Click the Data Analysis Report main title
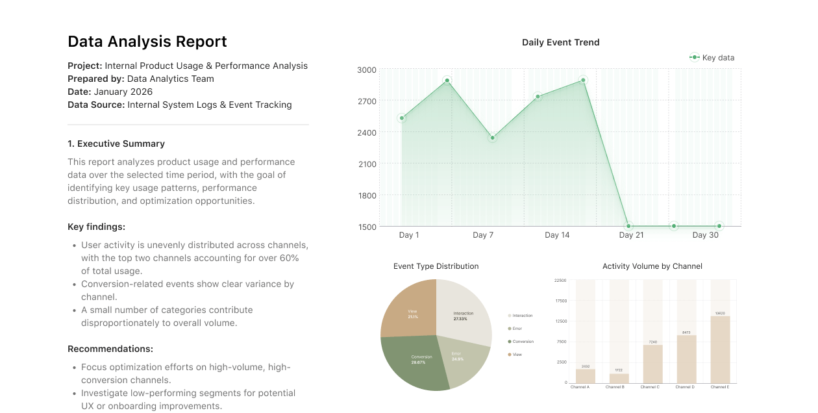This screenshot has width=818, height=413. [147, 42]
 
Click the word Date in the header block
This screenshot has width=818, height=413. [79, 92]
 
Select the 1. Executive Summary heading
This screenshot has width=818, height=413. [116, 144]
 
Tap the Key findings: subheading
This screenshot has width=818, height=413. [96, 227]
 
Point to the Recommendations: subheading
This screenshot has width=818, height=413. [110, 349]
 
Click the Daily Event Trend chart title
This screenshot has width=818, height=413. [560, 42]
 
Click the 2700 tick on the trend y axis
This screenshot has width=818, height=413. [366, 101]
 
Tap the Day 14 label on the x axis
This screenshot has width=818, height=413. [557, 235]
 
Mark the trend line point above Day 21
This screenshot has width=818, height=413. [628, 226]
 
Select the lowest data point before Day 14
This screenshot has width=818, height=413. [492, 138]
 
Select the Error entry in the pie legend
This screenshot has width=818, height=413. [517, 329]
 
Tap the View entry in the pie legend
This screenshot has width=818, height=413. [517, 355]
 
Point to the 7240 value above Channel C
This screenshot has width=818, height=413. [652, 342]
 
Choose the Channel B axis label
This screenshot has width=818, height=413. [614, 387]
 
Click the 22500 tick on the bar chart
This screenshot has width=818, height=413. [560, 281]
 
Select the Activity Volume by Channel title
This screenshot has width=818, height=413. [652, 266]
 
